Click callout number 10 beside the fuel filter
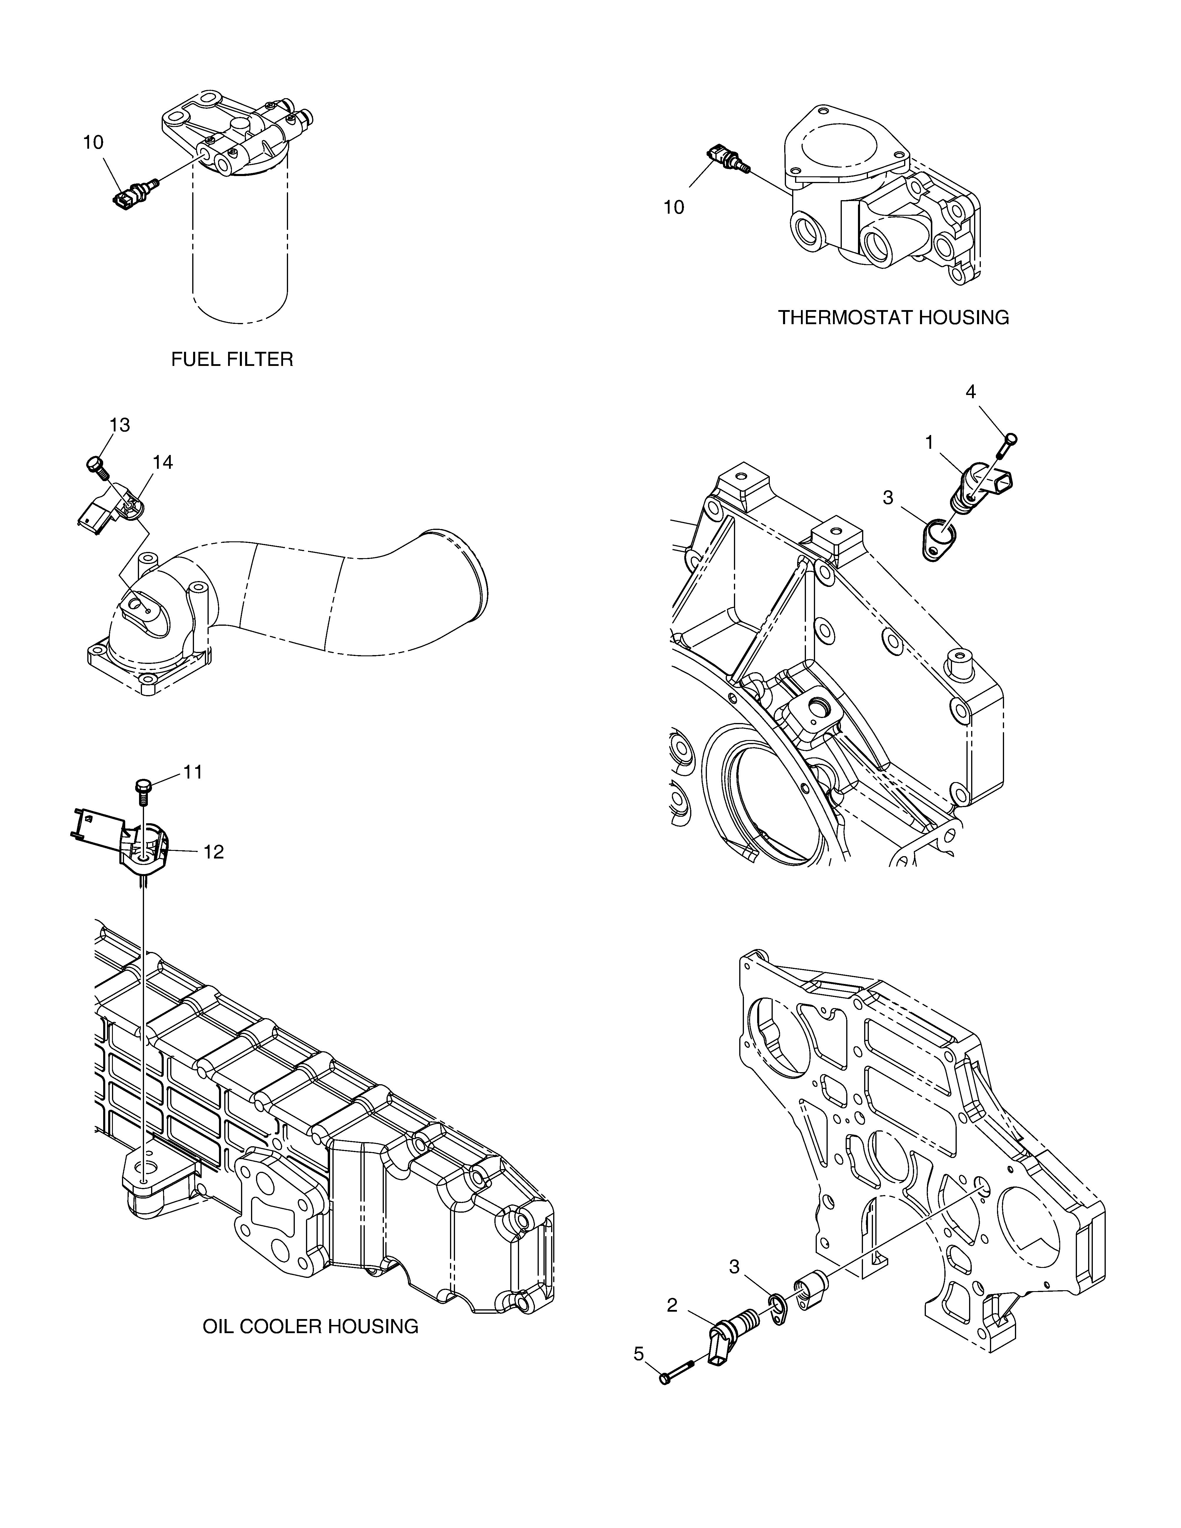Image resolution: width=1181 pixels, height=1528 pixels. (x=93, y=143)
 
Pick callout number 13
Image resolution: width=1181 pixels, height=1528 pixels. (x=120, y=425)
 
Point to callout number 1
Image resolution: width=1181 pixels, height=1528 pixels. (x=930, y=442)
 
